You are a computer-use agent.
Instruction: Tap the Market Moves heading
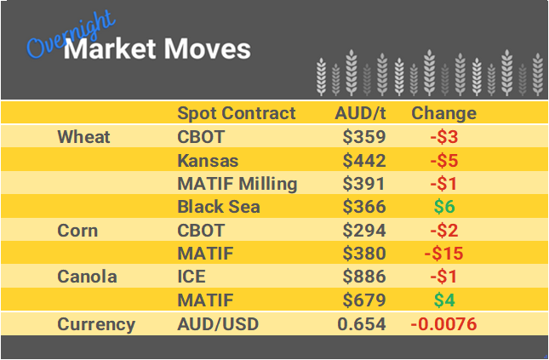157,49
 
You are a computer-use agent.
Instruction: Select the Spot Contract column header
236,113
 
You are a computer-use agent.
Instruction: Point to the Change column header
443,113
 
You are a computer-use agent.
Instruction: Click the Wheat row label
83,137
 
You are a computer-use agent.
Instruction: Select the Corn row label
77,231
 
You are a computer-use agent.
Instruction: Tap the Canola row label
86,277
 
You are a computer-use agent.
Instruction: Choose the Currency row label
96,324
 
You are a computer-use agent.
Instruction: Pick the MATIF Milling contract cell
237,184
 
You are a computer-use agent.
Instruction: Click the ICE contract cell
192,277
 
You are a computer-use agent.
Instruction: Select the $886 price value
364,277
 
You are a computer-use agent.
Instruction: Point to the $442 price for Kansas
364,161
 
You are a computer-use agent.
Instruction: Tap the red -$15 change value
443,254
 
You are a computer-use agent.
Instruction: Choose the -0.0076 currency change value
443,324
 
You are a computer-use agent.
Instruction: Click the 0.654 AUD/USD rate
362,324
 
